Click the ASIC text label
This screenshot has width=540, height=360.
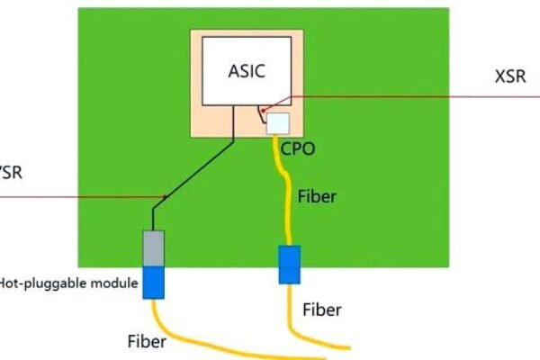[x=247, y=70]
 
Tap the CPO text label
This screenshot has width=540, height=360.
[x=296, y=147]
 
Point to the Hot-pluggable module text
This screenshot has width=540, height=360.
[x=68, y=283]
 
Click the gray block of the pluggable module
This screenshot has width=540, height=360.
[x=153, y=247]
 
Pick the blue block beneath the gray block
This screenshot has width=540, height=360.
[x=153, y=281]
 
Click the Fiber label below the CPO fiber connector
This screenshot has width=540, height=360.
[x=321, y=310]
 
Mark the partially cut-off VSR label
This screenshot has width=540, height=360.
[x=11, y=172]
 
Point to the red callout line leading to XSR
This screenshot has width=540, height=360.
[x=405, y=96]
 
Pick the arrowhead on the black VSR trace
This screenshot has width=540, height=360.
[x=165, y=194]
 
